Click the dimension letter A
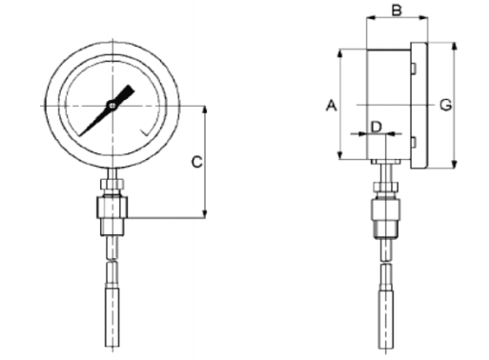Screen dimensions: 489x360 pyautogui.click(x=331, y=106)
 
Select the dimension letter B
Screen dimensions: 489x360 pyautogui.click(x=397, y=10)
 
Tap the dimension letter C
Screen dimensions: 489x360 pyautogui.click(x=196, y=162)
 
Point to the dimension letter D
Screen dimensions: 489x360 pyautogui.click(x=377, y=127)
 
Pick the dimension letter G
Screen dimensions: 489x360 pyautogui.click(x=445, y=105)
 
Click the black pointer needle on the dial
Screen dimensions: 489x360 pyautogui.click(x=107, y=110)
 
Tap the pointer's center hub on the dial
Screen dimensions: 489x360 pyautogui.click(x=112, y=105)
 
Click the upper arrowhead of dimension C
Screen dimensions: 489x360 pyautogui.click(x=205, y=110)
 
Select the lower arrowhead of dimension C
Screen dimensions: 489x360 pyautogui.click(x=205, y=213)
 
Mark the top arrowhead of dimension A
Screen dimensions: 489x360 pyautogui.click(x=340, y=53)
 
